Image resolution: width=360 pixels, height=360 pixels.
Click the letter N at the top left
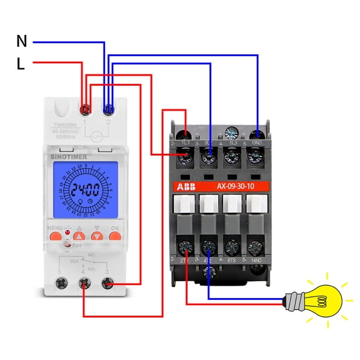point(22,41)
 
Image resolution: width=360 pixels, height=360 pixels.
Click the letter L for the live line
point(21,63)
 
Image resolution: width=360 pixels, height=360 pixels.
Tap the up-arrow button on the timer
point(78,236)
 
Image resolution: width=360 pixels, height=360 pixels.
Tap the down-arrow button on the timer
point(96,236)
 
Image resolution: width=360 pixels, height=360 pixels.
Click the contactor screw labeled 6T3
point(232,246)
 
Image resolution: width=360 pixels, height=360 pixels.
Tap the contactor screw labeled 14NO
point(255,246)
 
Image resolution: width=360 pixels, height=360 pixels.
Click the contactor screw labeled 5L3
point(232,156)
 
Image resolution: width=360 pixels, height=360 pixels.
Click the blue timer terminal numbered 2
point(109,110)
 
